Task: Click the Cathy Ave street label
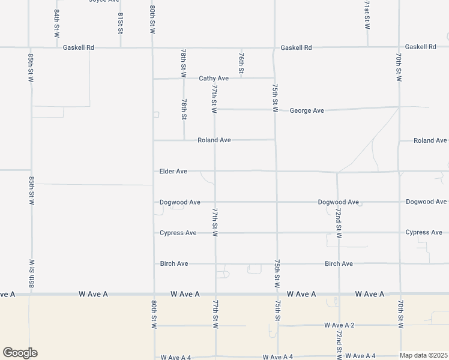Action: [214, 79]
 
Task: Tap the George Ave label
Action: [307, 110]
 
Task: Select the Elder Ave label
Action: [173, 172]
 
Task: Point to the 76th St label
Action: [241, 62]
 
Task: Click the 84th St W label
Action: [56, 23]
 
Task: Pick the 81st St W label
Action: [121, 23]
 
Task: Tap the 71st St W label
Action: [367, 15]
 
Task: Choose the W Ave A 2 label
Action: [339, 325]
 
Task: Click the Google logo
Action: [20, 353]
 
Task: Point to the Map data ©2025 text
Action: [424, 355]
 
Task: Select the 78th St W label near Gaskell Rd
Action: [183, 64]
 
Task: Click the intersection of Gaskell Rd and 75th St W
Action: [274, 47]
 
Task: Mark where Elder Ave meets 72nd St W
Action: [337, 172]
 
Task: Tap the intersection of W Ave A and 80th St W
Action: [154, 294]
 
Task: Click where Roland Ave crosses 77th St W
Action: [215, 140]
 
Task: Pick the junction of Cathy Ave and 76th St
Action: [242, 78]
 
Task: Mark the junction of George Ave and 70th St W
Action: [399, 107]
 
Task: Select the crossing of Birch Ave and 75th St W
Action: [277, 263]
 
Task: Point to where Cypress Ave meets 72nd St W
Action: [338, 232]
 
